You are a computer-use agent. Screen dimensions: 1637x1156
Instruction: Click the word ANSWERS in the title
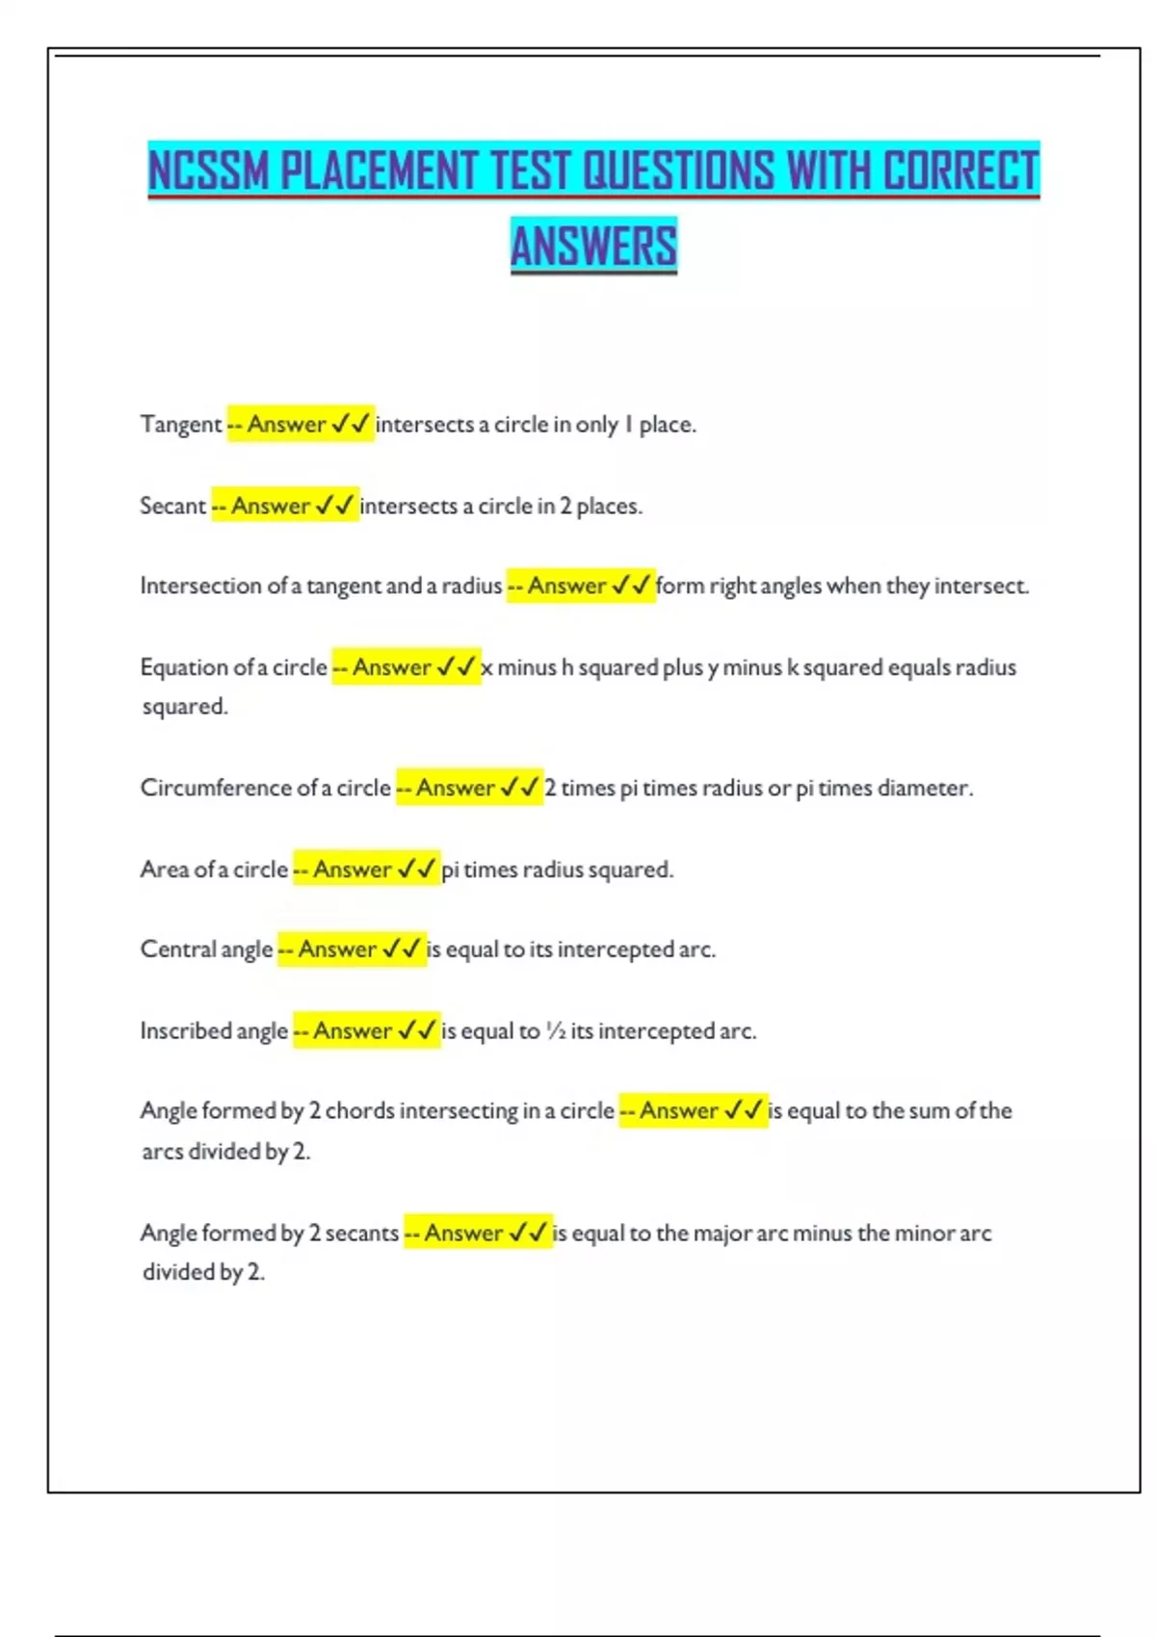tap(593, 246)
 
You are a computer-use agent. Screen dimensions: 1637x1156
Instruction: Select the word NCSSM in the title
tap(208, 171)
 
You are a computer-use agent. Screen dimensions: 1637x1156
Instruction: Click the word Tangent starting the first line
tap(181, 425)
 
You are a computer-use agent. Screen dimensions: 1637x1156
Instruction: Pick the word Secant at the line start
tap(173, 507)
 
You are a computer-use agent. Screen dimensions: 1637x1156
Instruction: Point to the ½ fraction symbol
tap(555, 1031)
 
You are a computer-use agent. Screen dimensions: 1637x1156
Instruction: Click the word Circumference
tap(216, 788)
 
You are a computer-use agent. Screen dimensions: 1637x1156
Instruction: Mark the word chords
tap(360, 1111)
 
